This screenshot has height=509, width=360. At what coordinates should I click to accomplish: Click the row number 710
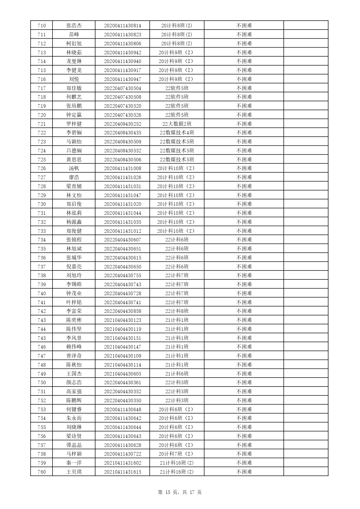pos(41,26)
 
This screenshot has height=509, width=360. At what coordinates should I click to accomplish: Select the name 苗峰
pos(74,35)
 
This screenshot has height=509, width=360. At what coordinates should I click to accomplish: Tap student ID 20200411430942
pos(122,53)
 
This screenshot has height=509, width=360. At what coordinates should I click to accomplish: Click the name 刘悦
pos(74,79)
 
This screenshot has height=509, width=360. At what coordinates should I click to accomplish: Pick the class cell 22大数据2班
pos(177,124)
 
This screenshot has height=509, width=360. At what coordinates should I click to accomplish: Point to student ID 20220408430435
pos(122,133)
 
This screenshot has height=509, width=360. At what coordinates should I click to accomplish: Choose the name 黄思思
pos(74,160)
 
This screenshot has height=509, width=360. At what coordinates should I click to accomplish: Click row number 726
pos(41,168)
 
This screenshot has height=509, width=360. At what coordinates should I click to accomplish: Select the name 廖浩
pos(74,177)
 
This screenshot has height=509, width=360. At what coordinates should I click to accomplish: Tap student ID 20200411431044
pos(122,213)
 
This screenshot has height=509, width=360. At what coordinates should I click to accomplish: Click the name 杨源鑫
pos(74,222)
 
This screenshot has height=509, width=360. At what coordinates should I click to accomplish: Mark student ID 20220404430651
pos(122,249)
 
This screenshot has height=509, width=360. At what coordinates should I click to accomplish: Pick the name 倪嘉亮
pos(74,267)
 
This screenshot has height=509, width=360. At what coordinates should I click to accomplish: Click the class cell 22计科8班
pos(177,311)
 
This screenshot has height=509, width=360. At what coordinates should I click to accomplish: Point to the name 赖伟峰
pos(74,347)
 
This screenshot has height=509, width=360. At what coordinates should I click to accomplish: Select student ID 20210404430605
pos(122,374)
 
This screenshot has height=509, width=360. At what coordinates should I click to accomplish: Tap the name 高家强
pos(74,391)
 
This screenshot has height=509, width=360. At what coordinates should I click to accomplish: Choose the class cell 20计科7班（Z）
pos(177,454)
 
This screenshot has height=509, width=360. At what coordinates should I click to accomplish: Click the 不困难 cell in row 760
pos(244,472)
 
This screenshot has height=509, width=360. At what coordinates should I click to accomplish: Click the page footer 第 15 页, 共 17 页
pos(180,492)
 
